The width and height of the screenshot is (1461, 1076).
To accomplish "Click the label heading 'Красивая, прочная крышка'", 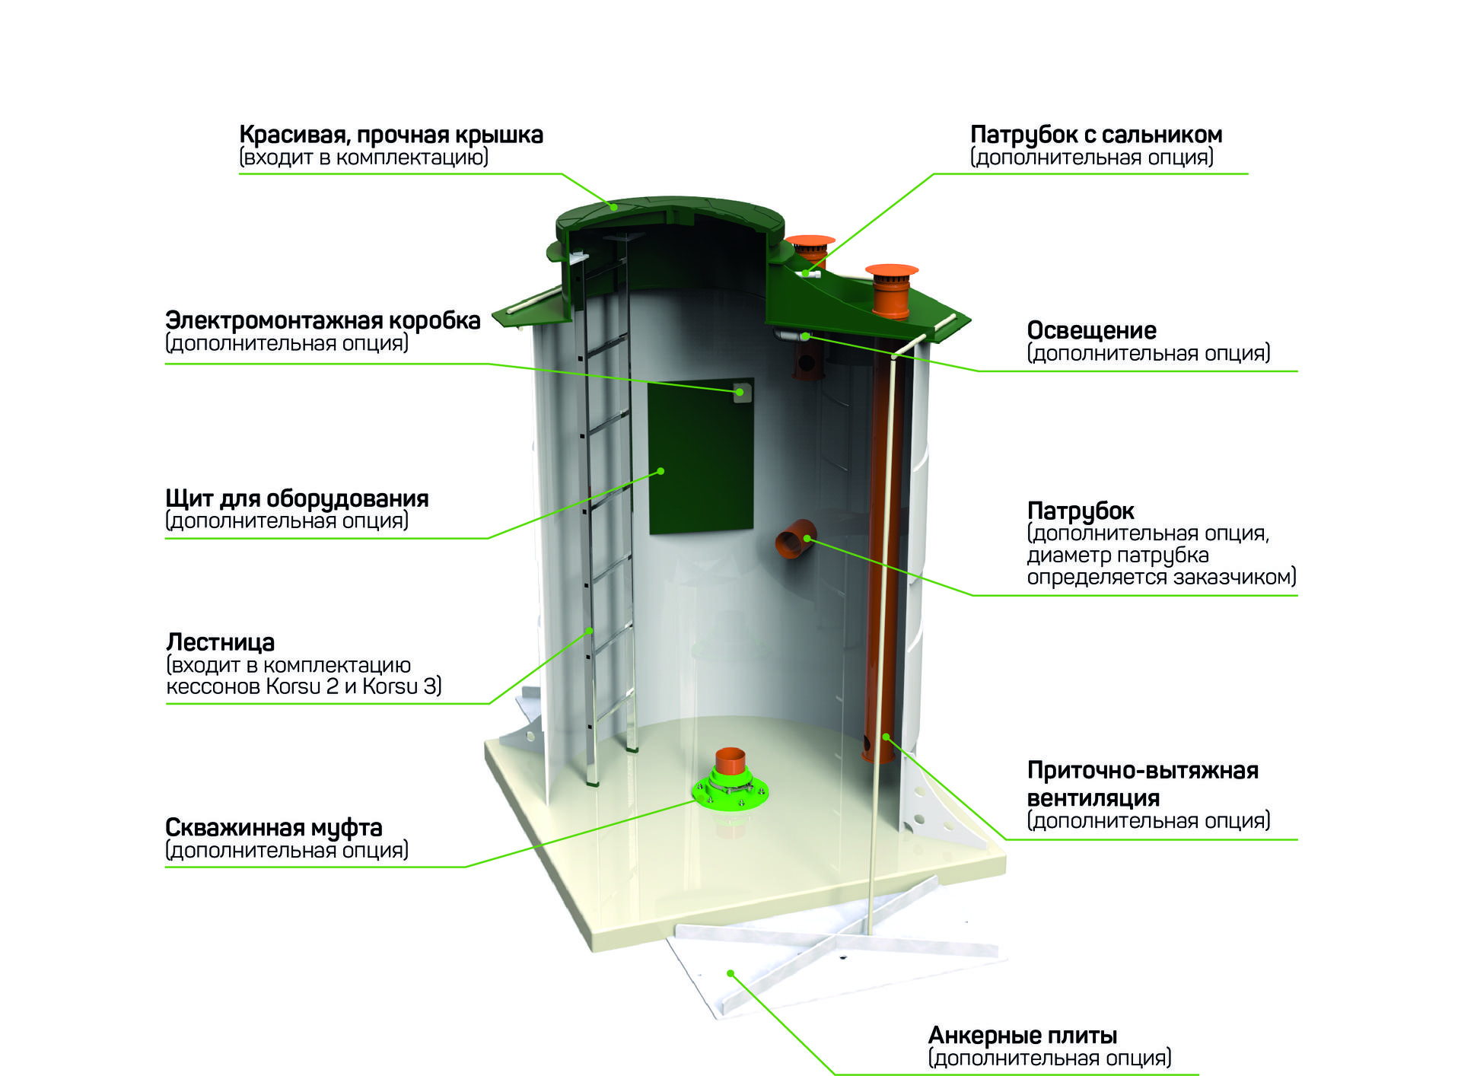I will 391,135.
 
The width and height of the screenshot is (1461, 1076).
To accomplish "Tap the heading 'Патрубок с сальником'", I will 1096,135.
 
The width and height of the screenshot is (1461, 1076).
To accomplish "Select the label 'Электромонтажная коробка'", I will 323,320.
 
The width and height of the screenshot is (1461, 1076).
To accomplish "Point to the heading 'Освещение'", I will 1091,330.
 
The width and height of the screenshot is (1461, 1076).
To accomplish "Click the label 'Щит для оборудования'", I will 297,498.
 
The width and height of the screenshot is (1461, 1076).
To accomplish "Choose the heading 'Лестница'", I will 221,642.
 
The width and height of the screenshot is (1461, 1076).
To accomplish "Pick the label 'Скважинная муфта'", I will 273,827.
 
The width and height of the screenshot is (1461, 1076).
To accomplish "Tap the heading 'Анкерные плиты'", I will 1023,1035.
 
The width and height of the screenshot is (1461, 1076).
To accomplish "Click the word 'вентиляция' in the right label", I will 1093,798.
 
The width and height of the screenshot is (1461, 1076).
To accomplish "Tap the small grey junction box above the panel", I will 740,392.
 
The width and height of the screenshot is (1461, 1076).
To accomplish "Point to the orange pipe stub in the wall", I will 795,538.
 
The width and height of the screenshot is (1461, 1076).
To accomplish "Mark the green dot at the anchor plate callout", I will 730,973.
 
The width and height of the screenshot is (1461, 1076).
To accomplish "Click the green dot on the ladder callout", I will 590,631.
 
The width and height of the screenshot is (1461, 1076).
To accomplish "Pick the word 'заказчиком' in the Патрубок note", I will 1234,577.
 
